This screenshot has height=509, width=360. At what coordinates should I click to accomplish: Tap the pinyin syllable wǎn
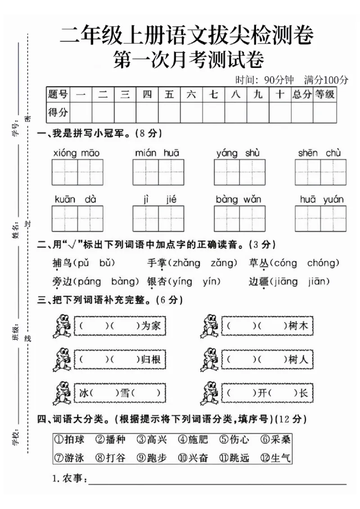[252, 199]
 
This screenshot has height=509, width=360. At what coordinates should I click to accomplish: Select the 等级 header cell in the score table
[325, 94]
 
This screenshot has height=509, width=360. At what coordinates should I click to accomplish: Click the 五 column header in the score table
[169, 94]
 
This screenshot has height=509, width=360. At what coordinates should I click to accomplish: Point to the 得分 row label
[58, 112]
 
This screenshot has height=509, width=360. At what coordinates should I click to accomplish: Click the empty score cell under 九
[258, 112]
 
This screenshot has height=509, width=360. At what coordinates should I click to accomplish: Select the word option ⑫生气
[276, 458]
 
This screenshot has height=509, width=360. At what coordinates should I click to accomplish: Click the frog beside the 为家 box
[62, 326]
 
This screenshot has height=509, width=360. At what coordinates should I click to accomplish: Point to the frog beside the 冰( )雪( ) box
[62, 393]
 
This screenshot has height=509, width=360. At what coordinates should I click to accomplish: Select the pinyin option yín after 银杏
[211, 282]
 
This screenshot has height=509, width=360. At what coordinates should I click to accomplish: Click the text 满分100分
[326, 80]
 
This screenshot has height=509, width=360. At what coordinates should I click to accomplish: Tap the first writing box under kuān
[65, 219]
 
